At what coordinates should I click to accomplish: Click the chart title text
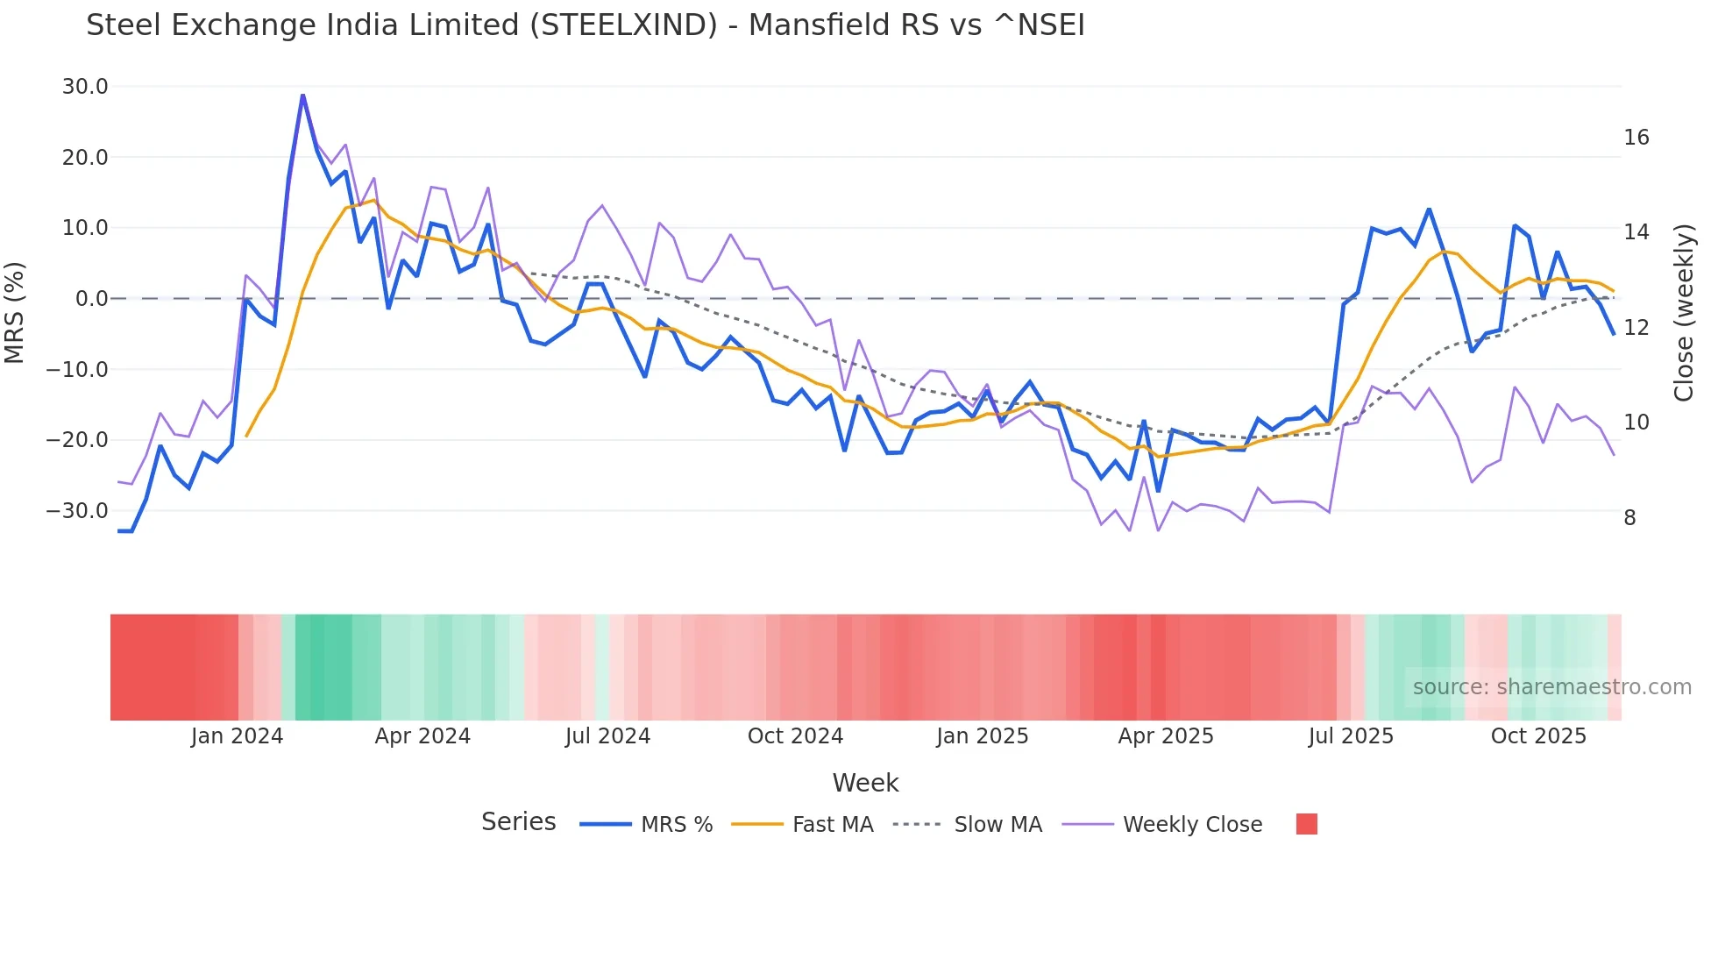[x=585, y=25]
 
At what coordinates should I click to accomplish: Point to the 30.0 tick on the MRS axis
[x=85, y=87]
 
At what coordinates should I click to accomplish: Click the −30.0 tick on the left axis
[x=77, y=511]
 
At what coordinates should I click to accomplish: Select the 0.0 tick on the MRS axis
[x=91, y=299]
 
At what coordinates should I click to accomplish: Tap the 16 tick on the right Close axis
[x=1636, y=138]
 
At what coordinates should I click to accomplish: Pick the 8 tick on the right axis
[x=1629, y=518]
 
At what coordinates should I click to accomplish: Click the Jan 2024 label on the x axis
[x=237, y=736]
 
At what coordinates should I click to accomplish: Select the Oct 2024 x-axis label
[x=795, y=736]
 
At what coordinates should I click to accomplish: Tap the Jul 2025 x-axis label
[x=1351, y=736]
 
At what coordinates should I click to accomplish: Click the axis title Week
[x=865, y=783]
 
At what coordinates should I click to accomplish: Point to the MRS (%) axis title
[x=15, y=313]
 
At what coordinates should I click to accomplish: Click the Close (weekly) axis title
[x=1683, y=313]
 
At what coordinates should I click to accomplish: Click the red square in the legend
[x=1306, y=824]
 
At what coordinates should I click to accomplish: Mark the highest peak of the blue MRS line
[x=302, y=96]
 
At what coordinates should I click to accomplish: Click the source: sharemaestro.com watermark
[x=1551, y=687]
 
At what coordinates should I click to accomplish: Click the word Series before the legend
[x=518, y=822]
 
